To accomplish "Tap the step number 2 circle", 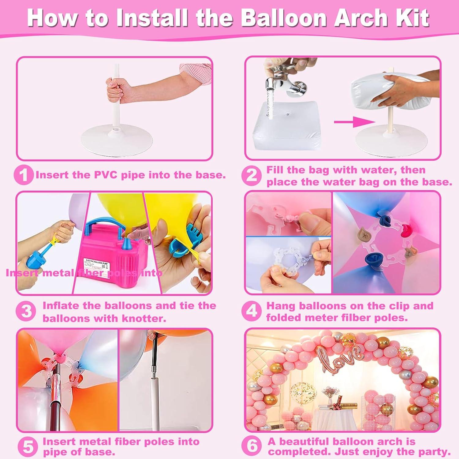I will pyautogui.click(x=252, y=176).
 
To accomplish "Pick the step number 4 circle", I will pyautogui.click(x=252, y=312).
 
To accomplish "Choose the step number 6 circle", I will pyautogui.click(x=252, y=446).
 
